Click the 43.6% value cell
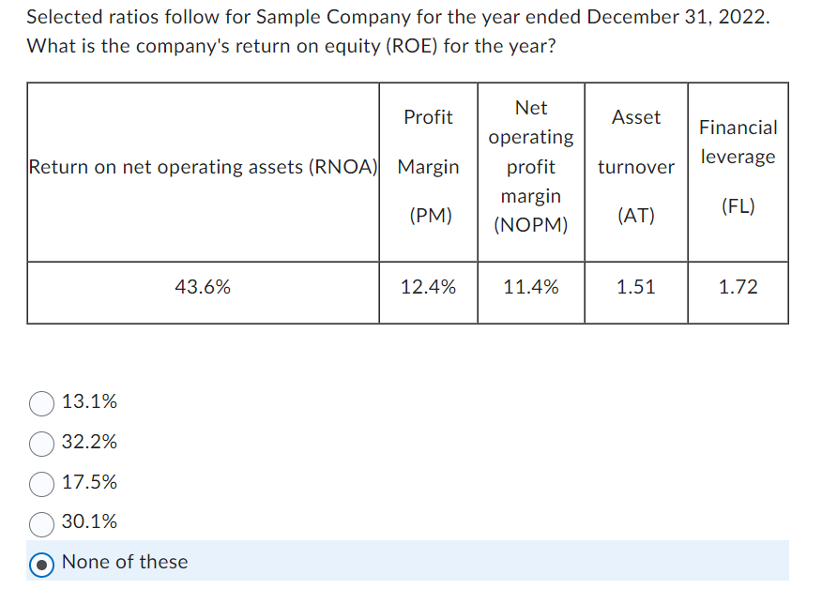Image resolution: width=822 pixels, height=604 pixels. coord(203,288)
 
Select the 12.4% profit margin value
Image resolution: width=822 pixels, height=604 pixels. coord(428,288)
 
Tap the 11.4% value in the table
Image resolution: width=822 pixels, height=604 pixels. coord(531,288)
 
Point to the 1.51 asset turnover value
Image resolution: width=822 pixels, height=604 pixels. coord(636,288)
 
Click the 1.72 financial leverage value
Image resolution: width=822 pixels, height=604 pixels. coord(738,288)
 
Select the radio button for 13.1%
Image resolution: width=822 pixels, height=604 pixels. coord(42,403)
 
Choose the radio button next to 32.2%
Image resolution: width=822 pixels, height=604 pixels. coord(42,443)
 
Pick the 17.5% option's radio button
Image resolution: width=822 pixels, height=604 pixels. coord(42,483)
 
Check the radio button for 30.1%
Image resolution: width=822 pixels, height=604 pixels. coord(42,522)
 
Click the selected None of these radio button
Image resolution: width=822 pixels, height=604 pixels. coord(42,563)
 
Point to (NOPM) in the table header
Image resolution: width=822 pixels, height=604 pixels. coord(531,226)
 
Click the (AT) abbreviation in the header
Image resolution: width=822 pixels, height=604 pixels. coord(636,216)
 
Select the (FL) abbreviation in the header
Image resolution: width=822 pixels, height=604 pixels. coord(738,206)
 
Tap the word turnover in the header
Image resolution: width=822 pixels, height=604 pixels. coord(636,167)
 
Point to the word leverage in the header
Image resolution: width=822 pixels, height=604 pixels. coord(738,157)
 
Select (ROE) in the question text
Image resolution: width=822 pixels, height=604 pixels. coord(403,46)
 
